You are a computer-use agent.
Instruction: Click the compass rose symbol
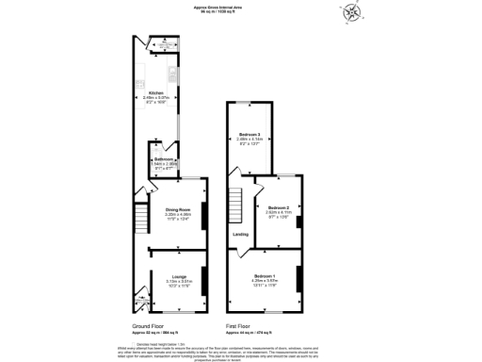click(352, 14)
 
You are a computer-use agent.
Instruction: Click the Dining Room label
click(178, 211)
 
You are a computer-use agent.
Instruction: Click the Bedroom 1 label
click(265, 277)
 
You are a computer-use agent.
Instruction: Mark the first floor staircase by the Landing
click(235, 203)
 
